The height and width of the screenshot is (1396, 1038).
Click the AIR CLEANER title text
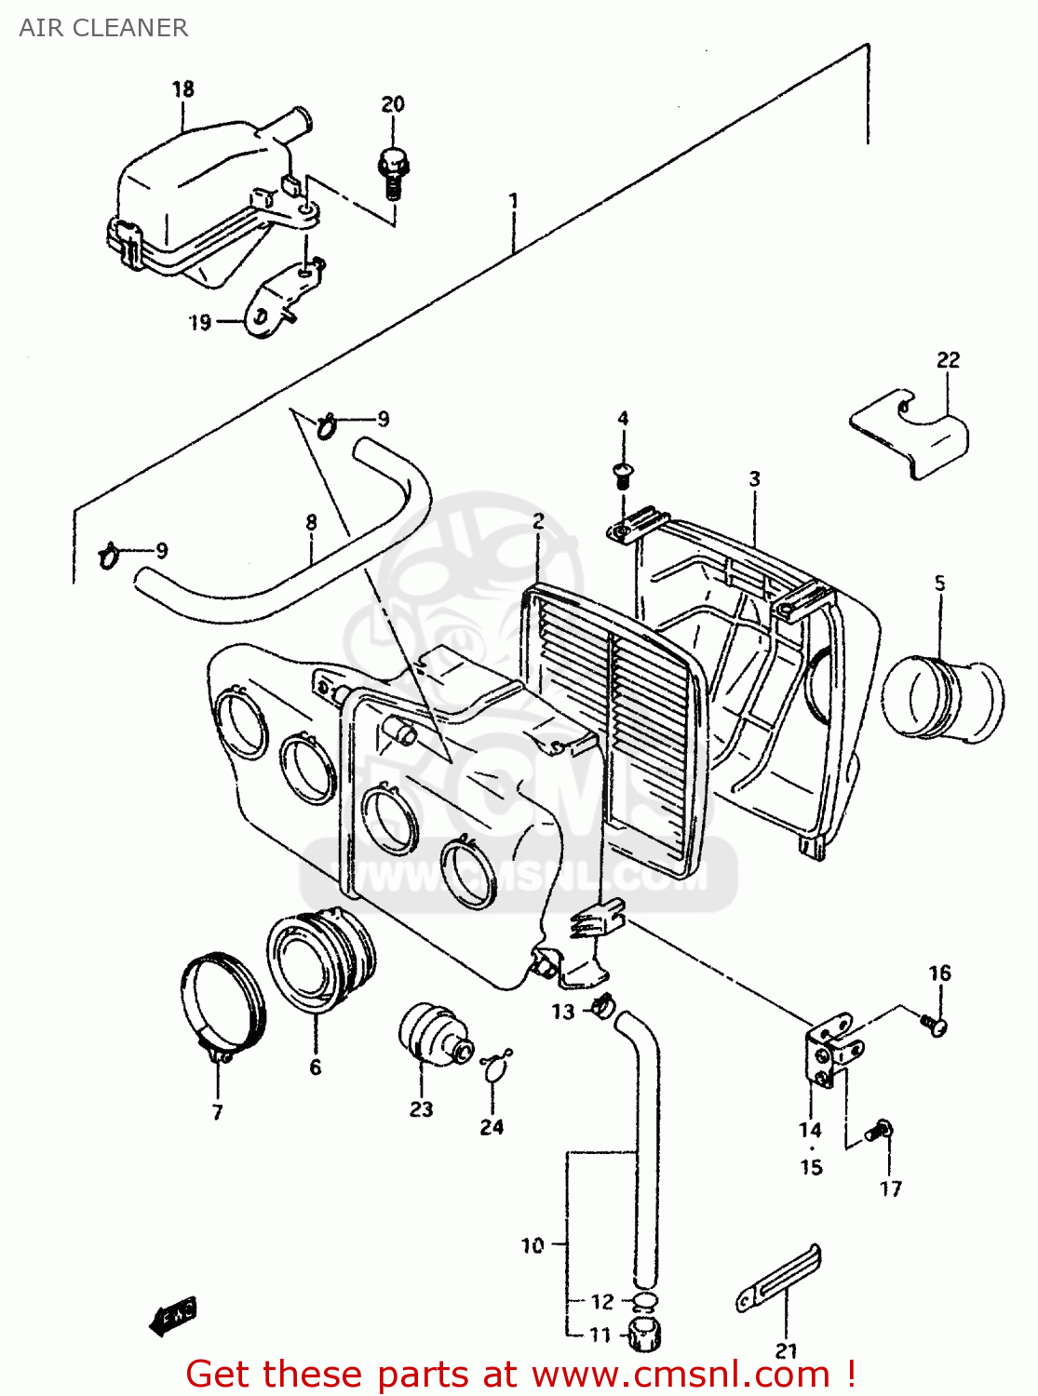pos(103,28)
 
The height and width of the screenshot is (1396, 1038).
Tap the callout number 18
pos(183,88)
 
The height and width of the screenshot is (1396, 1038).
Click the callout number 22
pos(948,359)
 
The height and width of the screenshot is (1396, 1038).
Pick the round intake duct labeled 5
pos(942,700)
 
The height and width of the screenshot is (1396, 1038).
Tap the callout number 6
pos(316,1067)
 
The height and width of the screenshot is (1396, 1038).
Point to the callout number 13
pos(562,1012)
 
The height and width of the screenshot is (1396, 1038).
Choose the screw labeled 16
pos(935,1025)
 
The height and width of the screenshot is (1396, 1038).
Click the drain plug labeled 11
pos(642,1336)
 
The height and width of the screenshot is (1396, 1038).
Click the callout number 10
pos(532,1244)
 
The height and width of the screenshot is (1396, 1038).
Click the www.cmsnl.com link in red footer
pos(681,1375)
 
